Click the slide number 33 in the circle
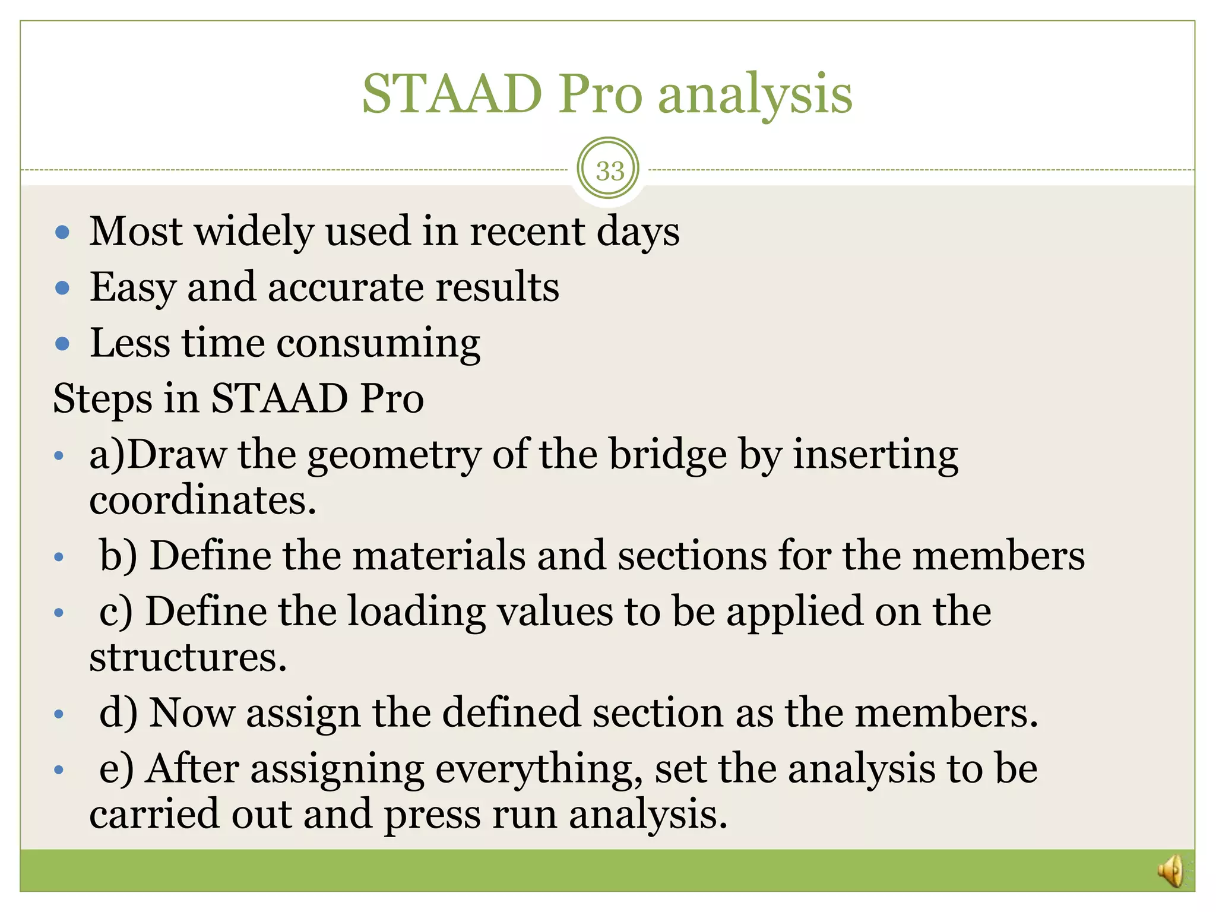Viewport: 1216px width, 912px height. coord(610,171)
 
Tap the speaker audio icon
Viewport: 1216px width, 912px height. coord(1171,871)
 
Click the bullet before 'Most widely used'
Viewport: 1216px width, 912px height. coord(62,232)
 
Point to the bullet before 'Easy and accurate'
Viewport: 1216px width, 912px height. coord(62,289)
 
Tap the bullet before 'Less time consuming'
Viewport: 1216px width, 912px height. coord(62,344)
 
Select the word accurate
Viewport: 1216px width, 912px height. coord(346,287)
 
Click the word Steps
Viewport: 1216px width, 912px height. coord(102,399)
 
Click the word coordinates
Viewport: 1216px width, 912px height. coord(202,500)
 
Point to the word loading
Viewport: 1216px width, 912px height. coord(416,612)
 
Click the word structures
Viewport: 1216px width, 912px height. coord(188,657)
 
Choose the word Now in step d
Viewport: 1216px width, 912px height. coord(191,712)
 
